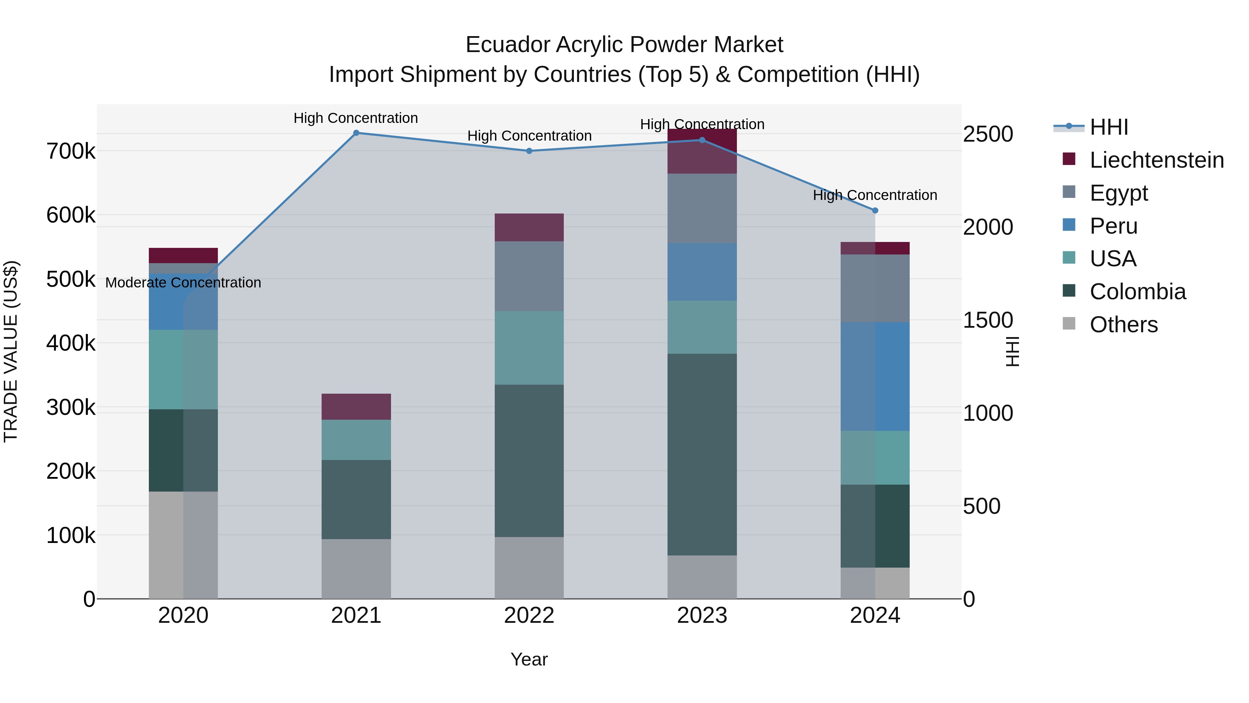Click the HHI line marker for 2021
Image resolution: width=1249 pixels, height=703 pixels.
356,133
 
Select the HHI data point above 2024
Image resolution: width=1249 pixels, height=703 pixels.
875,211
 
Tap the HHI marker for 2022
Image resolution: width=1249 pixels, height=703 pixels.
529,151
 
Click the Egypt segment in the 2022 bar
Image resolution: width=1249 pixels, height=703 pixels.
529,276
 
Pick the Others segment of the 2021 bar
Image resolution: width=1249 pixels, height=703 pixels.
356,569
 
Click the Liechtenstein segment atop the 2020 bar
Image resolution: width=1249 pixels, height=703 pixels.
183,255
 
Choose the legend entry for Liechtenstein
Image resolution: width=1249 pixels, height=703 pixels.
1156,160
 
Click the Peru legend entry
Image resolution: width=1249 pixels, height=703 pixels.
1113,226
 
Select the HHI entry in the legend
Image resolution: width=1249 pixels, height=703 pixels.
1109,127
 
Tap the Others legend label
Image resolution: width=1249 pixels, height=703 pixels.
1123,325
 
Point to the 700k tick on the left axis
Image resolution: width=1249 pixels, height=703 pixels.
71,151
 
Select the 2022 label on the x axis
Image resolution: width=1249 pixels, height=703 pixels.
529,616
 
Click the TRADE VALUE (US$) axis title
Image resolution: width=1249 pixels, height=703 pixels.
11,351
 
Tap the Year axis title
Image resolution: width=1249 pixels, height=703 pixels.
529,659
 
